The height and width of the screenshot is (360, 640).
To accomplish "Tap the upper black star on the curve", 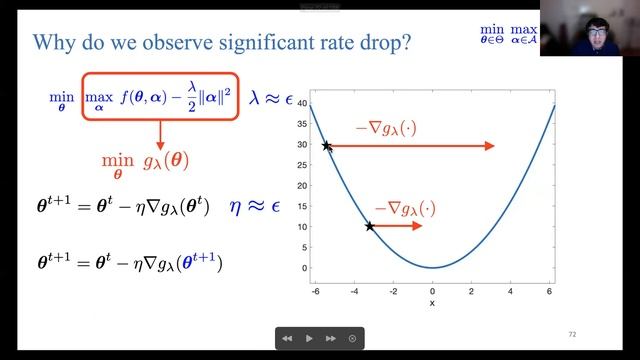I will pyautogui.click(x=326, y=146).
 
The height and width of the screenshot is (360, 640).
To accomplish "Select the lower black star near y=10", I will pyautogui.click(x=370, y=226).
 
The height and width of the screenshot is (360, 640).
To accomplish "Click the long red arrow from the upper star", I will pyautogui.click(x=410, y=146).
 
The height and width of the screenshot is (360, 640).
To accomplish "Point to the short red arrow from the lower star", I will pyautogui.click(x=398, y=226).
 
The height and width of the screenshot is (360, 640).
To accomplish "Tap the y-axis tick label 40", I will pyautogui.click(x=300, y=103).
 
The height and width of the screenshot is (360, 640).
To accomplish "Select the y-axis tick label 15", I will pyautogui.click(x=300, y=206).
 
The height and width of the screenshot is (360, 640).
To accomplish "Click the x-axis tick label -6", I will pyautogui.click(x=315, y=290).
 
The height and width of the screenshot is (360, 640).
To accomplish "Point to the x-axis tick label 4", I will pyautogui.click(x=511, y=290).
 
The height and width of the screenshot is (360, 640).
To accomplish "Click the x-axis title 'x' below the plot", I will pyautogui.click(x=432, y=302).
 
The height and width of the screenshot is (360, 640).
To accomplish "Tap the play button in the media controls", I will pyautogui.click(x=309, y=339).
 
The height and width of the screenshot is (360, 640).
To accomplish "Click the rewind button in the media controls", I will pyautogui.click(x=287, y=339).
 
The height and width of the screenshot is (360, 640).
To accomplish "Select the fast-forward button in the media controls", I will pyautogui.click(x=331, y=339).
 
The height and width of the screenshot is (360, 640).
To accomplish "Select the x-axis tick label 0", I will pyautogui.click(x=432, y=290).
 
